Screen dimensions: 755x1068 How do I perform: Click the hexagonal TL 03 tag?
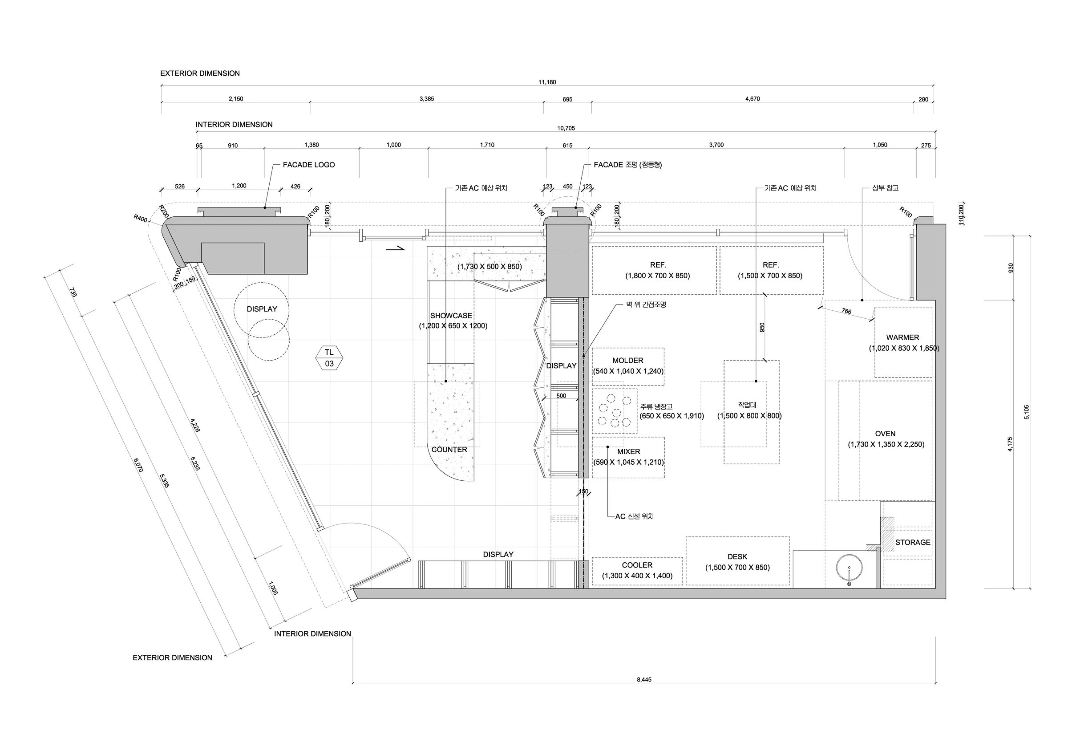point(329,358)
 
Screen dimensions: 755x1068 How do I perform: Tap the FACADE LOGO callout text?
point(308,165)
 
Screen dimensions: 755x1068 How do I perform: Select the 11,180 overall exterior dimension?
point(547,82)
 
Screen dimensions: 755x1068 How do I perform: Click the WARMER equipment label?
point(902,338)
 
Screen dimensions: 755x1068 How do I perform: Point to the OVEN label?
point(885,434)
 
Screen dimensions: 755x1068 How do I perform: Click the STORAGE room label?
point(913,542)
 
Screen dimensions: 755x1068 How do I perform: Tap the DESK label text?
point(737,557)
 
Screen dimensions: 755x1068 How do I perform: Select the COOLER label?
point(637,565)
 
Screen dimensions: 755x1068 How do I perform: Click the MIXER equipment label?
point(628,452)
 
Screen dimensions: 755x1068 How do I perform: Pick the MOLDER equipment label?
point(627,361)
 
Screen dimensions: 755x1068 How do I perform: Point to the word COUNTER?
point(449,450)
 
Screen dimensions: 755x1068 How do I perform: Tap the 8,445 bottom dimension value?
point(644,680)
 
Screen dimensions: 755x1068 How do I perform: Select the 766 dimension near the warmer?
point(846,311)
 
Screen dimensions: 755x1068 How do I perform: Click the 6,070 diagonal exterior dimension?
point(138,465)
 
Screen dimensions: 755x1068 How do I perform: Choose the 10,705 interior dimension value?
point(566,128)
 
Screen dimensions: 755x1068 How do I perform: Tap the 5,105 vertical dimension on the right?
point(1027,412)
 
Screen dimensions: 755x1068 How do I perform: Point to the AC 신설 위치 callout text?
point(634,517)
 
